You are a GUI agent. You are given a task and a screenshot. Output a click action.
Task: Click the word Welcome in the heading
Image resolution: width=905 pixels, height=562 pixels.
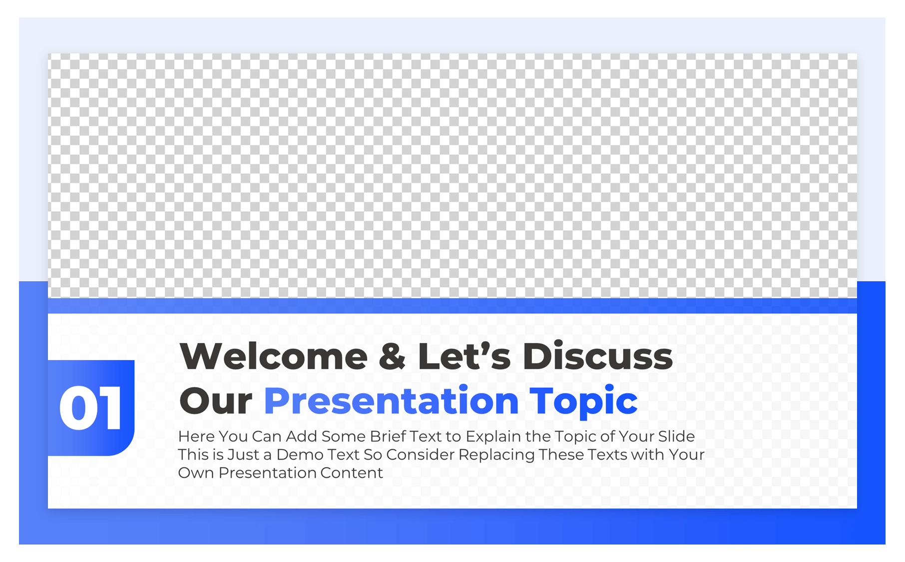(273, 357)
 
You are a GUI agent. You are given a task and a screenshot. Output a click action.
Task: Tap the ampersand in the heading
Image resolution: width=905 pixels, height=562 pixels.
(392, 357)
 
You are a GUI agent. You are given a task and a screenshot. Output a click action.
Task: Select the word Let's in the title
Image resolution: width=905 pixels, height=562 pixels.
(464, 357)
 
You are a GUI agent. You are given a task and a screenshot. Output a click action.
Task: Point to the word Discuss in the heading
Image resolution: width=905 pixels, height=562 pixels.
(597, 357)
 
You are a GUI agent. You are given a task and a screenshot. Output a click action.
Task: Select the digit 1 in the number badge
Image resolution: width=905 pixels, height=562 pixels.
(111, 408)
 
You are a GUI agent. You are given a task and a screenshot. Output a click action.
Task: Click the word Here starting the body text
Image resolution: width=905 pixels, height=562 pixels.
(196, 437)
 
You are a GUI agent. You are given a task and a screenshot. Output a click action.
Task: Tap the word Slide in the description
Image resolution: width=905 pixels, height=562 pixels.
(676, 437)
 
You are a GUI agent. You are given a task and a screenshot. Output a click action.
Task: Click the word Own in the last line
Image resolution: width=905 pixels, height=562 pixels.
(196, 473)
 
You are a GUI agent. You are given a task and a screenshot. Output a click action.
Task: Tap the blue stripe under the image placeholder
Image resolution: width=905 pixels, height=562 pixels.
(452, 306)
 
